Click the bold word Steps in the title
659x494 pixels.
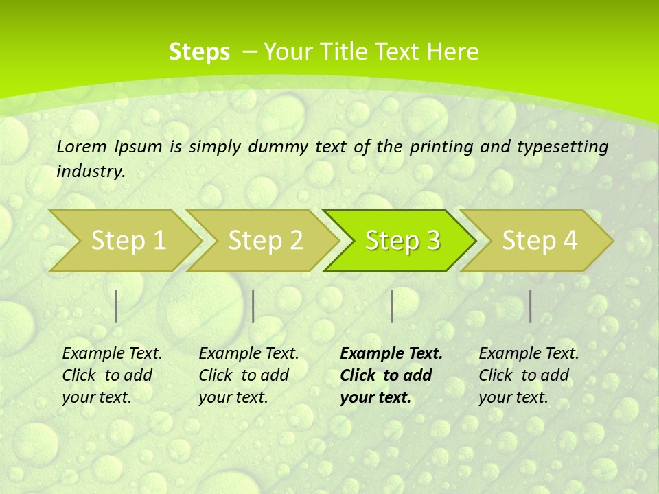[x=199, y=52]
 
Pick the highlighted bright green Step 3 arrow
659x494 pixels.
[x=402, y=240]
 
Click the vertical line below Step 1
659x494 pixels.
[x=116, y=306]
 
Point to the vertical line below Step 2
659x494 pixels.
[x=253, y=306]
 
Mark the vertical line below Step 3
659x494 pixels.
[x=391, y=306]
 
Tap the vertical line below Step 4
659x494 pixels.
[x=530, y=306]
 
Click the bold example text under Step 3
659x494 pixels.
[x=391, y=375]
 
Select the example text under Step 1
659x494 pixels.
[x=112, y=375]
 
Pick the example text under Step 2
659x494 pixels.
[x=248, y=375]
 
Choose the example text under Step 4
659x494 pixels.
[x=529, y=375]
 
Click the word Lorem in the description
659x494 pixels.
[x=82, y=146]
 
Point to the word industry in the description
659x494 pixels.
[x=91, y=171]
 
